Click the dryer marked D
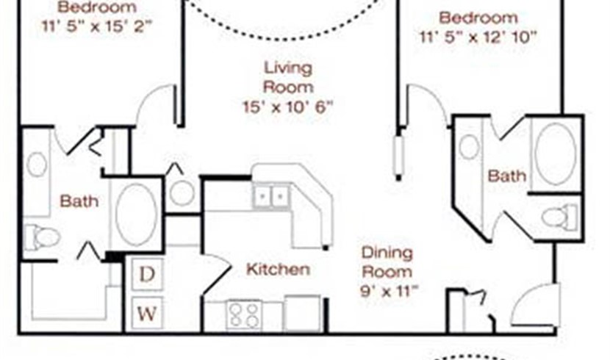[x=147, y=274]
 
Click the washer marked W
[x=147, y=313]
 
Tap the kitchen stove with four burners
[x=244, y=314]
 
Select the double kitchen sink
[x=271, y=195]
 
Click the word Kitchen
[x=278, y=269]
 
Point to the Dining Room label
[x=387, y=262]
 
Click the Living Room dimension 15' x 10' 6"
[x=288, y=107]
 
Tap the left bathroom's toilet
[x=42, y=237]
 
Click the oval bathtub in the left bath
[x=136, y=215]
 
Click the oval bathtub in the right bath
[x=556, y=154]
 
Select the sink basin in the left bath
[x=37, y=165]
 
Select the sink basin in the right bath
[x=469, y=146]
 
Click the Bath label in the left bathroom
[x=79, y=201]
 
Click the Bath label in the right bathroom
[x=507, y=176]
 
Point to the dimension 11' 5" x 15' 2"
[x=97, y=26]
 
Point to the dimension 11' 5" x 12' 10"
[x=478, y=37]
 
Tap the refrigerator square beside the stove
[x=302, y=314]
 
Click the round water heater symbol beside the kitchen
[x=182, y=193]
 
